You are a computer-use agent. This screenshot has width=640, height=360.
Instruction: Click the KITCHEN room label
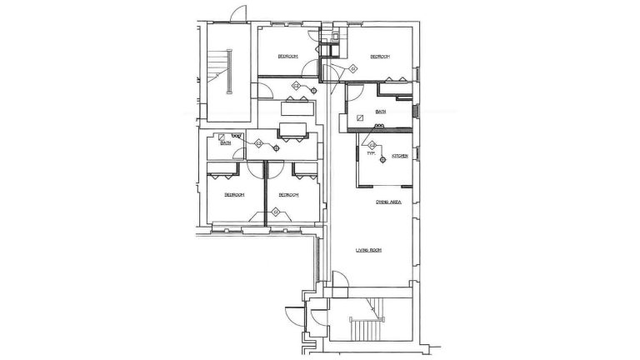[400, 156]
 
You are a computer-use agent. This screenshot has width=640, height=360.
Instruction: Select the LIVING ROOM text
[369, 249]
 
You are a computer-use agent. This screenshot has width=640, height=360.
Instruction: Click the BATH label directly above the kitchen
[381, 112]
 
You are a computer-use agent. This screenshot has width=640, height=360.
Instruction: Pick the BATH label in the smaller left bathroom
[225, 143]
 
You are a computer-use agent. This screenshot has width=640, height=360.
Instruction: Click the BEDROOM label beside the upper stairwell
[288, 56]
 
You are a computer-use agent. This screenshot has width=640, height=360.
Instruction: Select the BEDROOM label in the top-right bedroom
[380, 56]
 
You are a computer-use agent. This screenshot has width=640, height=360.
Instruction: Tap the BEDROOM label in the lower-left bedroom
[233, 194]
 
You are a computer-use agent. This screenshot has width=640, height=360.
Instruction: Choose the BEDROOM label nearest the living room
[288, 194]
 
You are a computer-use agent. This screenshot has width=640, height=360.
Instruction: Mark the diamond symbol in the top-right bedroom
[353, 67]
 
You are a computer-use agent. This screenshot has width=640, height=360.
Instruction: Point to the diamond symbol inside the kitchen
[372, 146]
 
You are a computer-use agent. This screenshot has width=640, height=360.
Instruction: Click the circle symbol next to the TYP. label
[382, 159]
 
